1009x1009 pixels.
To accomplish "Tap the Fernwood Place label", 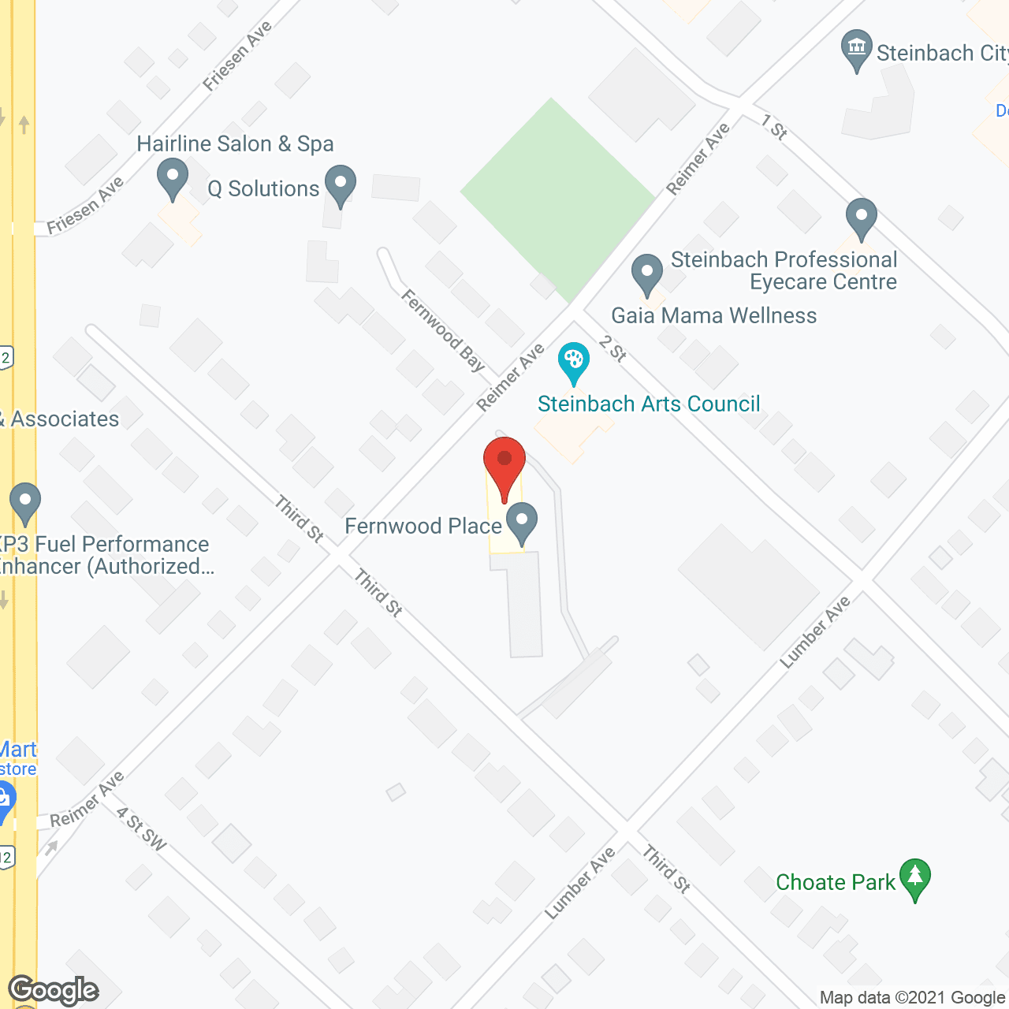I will (423, 526).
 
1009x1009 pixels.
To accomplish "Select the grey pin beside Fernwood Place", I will (522, 523).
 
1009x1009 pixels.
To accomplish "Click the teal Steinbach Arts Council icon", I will (573, 362).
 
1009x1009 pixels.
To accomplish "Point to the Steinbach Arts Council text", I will (649, 404).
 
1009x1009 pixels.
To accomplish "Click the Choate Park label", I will (836, 882).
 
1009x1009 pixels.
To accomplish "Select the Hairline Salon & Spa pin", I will (173, 178).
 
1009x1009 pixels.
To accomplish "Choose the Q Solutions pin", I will (340, 184).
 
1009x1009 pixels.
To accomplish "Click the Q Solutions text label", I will (263, 189).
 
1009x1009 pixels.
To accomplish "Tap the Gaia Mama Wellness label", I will (713, 315).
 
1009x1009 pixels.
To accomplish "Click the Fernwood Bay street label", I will (443, 330).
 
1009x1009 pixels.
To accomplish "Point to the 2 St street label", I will (612, 348).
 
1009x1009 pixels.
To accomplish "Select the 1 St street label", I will (774, 127).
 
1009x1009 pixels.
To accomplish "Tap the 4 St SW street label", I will (142, 829).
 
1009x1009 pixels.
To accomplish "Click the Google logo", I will (54, 990).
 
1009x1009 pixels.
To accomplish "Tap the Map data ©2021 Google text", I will (912, 997).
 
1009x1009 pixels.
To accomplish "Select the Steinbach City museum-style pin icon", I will (856, 50).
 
